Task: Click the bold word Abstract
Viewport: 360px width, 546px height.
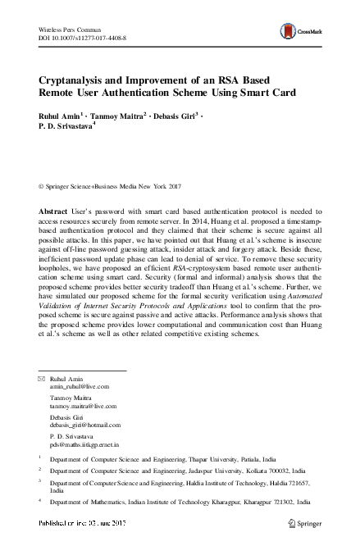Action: (53, 212)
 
